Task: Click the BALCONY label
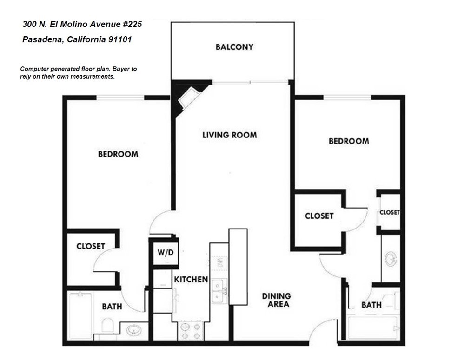tap(234, 47)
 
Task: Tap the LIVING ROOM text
tap(229, 135)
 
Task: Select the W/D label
tap(165, 254)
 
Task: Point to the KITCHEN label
tap(191, 280)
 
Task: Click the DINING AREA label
tap(276, 300)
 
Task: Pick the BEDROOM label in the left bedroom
tap(118, 154)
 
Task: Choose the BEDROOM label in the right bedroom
tap(349, 141)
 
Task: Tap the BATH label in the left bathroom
tap(112, 307)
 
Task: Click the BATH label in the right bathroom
tap(371, 305)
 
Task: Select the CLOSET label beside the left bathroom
tap(91, 246)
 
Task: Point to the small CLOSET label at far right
tap(390, 212)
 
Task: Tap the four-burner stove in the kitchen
tap(191, 331)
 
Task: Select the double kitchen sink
tap(218, 290)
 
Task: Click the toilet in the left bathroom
tap(106, 325)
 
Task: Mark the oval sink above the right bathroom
tap(391, 258)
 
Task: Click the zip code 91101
tap(120, 40)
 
